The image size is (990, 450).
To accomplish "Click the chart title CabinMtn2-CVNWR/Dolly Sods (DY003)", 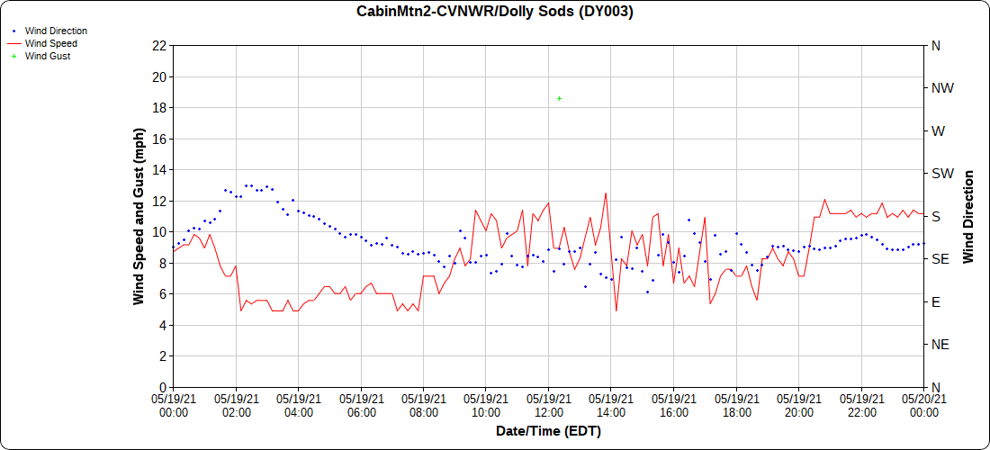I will pos(495,12).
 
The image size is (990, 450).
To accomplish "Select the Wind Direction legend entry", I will pos(56,31).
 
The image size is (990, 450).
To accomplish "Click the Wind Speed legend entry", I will pos(50,43).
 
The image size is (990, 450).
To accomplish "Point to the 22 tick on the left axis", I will pos(160,45).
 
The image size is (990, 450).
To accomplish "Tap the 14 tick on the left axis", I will pos(160,170).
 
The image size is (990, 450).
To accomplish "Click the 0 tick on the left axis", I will pos(163,387).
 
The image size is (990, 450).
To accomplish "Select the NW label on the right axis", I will pos(942,88).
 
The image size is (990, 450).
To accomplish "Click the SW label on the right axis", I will pos(942,174).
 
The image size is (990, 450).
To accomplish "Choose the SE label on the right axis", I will pos(940,259).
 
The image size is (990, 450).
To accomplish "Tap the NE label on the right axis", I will pos(940,345).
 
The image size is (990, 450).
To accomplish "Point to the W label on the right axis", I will pos(938,130).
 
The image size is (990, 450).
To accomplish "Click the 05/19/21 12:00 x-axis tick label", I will pos(548,405).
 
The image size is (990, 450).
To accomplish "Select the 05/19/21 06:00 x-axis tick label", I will pos(361,405).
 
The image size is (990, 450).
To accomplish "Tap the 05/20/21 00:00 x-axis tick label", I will pos(923,405).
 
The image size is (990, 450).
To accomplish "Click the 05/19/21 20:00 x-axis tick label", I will pos(798,405).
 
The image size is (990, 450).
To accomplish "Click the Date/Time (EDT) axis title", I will pos(548,431).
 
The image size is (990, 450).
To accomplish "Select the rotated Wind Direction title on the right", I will pos(969,216).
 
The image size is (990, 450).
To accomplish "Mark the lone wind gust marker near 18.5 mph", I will pos(559,98).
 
